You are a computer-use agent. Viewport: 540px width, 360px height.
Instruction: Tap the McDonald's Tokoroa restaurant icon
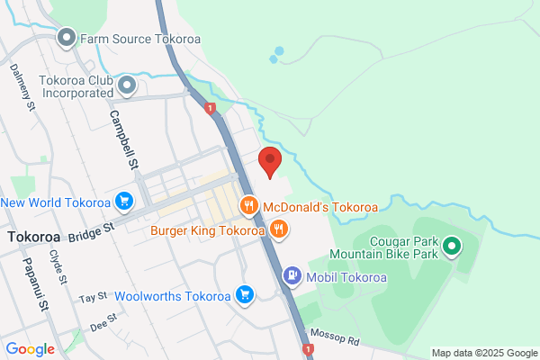249,207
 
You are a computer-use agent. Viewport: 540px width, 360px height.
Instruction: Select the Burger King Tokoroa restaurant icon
280,229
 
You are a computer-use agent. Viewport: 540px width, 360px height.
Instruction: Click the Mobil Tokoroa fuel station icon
292,276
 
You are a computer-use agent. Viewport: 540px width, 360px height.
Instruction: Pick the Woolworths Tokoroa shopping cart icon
243,295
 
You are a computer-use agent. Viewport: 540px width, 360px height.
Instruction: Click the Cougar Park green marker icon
454,244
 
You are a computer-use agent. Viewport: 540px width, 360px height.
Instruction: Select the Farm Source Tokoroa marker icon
67,39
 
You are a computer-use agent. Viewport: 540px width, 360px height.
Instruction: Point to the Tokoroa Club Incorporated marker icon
127,85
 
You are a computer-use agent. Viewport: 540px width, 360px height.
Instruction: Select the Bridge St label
93,232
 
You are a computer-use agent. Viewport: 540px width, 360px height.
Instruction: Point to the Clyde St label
61,266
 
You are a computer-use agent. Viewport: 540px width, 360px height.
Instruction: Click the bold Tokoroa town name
33,237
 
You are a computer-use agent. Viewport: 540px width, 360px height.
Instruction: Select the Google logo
30,349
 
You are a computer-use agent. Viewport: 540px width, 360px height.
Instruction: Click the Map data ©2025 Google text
481,352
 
